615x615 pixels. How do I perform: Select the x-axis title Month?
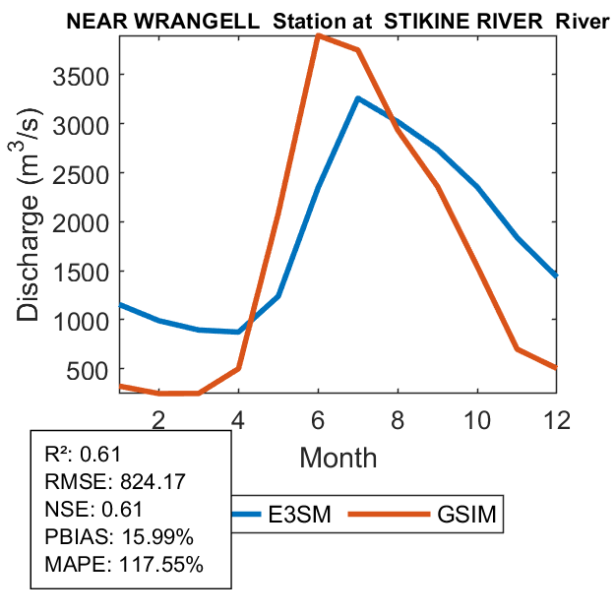tap(338, 457)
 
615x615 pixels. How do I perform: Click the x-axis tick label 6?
tap(318, 418)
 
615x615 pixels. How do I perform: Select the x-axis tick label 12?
tap(557, 418)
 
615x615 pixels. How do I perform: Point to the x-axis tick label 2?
tap(158, 418)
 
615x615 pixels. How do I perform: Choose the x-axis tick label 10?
tap(477, 418)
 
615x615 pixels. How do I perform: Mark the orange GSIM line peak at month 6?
tap(318, 36)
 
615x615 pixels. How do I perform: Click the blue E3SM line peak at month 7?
tap(358, 98)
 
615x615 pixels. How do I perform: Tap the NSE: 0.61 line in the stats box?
tap(93, 510)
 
